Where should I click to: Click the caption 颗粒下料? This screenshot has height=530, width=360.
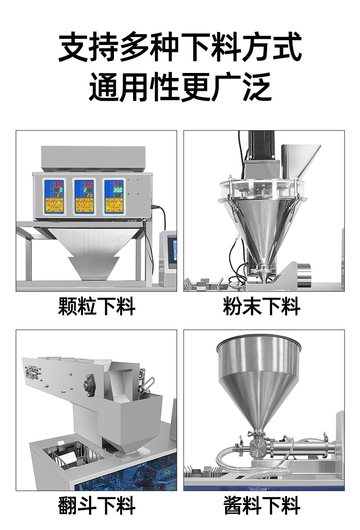[x=97, y=306]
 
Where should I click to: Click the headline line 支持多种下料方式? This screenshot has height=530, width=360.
[x=180, y=47]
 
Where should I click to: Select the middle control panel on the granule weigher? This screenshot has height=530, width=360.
[x=85, y=196]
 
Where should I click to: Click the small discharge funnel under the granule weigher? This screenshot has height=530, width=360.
[x=93, y=267]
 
